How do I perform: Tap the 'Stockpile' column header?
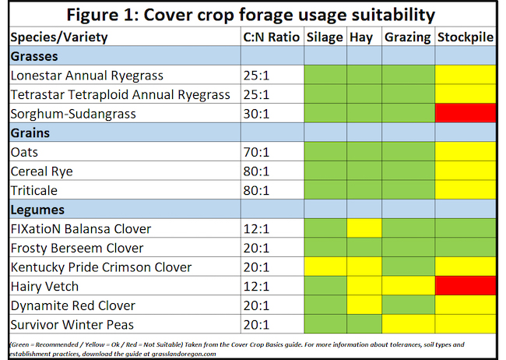coord(466,37)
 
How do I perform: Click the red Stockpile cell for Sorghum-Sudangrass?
coord(466,114)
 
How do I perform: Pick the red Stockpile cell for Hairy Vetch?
coord(466,286)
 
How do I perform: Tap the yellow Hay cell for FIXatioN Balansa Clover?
coord(364,229)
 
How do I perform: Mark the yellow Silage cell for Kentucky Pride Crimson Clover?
coord(325,267)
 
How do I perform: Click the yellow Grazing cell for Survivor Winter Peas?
coord(408,324)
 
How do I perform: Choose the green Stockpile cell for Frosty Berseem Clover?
coord(466,248)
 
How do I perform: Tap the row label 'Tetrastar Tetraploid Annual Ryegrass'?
coord(121,94)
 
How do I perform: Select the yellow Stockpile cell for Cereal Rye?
coord(466,171)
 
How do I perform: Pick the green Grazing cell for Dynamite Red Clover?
coord(408,305)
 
